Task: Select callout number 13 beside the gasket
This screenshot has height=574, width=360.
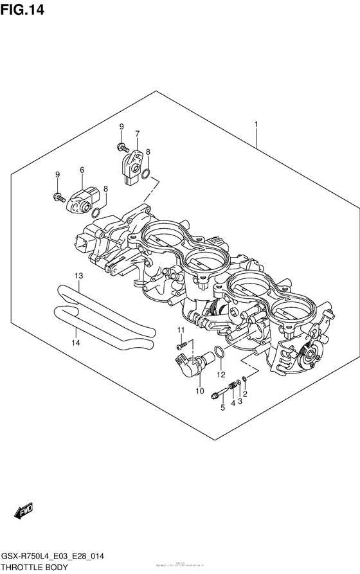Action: coord(78,276)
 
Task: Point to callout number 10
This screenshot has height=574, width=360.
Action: coord(199,390)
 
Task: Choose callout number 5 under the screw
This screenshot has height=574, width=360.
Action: coord(222,408)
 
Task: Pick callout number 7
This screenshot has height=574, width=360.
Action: coord(137,134)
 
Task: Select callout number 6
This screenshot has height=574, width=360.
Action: coord(82,170)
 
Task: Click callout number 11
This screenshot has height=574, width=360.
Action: coord(181,330)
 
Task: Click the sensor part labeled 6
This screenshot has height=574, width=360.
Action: coord(83,198)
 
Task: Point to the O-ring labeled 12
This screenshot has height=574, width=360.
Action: coord(219,352)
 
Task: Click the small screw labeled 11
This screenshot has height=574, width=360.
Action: coord(183,345)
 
